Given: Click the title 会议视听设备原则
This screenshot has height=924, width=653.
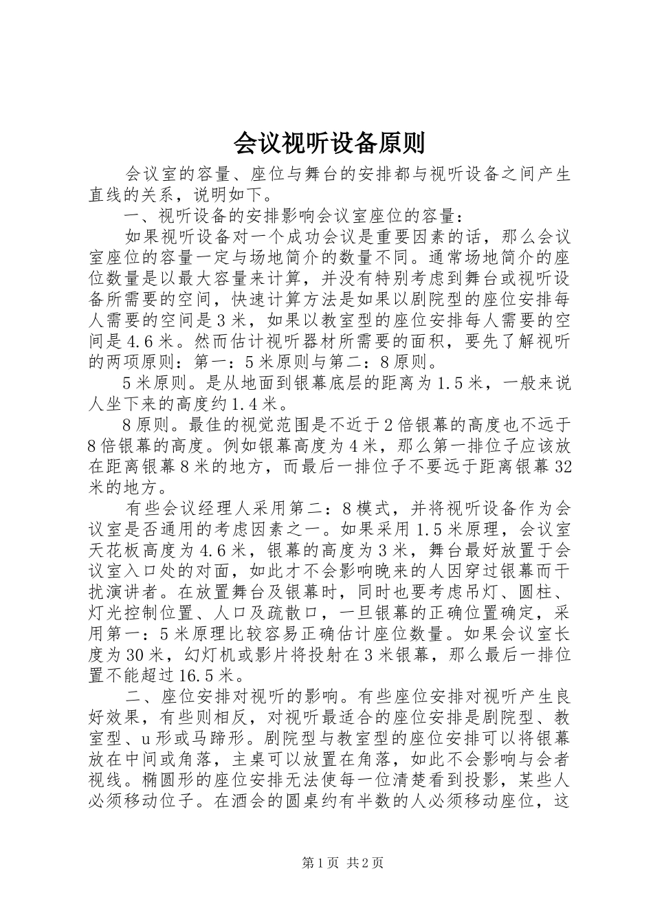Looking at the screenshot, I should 329,142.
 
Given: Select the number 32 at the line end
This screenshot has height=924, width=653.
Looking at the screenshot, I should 562,467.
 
